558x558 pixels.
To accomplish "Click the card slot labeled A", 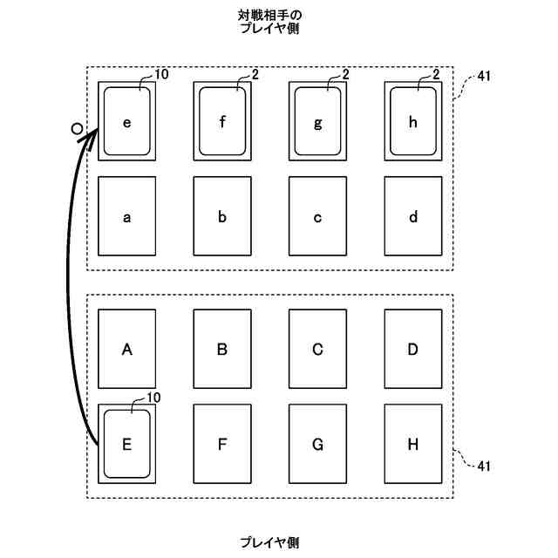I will tap(126, 349).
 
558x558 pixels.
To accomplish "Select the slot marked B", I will tap(222, 349).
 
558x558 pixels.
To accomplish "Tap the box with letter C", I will tap(317, 349).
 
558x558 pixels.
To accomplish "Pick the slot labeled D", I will tap(413, 349).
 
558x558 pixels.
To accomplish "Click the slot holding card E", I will tap(126, 444).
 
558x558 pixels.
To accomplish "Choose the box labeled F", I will tap(222, 444).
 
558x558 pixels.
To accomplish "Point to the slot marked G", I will tap(317, 444).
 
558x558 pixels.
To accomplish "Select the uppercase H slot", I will tap(413, 444).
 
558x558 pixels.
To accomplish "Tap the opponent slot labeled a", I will tap(126, 216).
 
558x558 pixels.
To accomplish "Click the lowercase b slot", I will tap(222, 216).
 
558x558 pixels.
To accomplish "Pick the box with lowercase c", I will tap(317, 216).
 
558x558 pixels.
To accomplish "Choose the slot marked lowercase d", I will tap(413, 216).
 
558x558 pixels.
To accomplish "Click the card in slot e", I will tap(126, 121).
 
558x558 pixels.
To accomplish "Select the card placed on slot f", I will tap(222, 121).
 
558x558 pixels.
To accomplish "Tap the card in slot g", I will tap(317, 121).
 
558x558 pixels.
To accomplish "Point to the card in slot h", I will tap(413, 121).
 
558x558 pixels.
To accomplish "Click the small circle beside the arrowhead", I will tap(77, 129).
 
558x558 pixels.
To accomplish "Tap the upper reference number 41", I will tap(484, 77).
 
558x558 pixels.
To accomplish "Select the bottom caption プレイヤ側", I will tap(270, 542).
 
